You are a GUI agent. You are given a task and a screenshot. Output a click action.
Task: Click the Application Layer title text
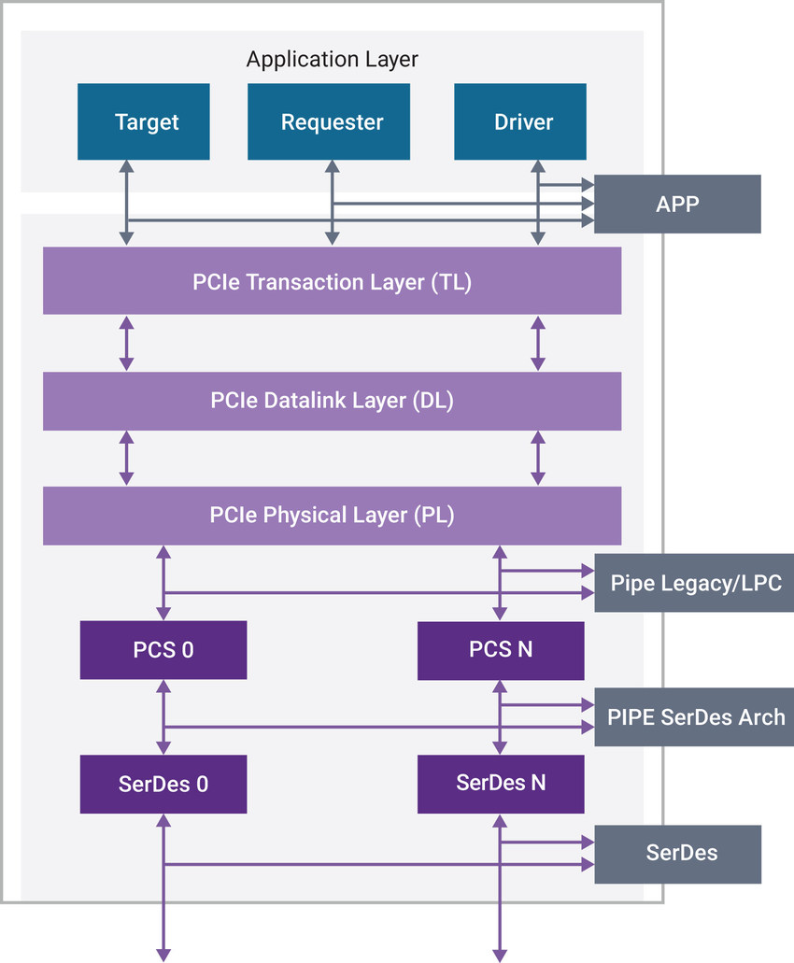[332, 60]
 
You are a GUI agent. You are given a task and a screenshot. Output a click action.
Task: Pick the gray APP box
[677, 204]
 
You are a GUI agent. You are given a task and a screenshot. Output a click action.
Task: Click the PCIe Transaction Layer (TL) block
[332, 281]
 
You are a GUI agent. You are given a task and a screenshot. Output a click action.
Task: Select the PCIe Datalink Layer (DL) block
[332, 401]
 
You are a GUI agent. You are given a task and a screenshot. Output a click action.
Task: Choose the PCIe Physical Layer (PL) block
[332, 515]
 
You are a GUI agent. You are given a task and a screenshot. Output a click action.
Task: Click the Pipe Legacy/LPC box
[695, 583]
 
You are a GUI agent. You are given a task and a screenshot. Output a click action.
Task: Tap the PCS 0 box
[163, 650]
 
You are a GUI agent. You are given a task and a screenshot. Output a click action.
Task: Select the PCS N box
[501, 649]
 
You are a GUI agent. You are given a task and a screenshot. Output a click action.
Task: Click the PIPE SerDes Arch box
[695, 717]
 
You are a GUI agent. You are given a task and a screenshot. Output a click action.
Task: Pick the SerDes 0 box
[163, 784]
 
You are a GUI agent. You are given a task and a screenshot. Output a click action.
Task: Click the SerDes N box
[501, 783]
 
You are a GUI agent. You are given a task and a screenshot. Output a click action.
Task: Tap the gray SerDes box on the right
[677, 854]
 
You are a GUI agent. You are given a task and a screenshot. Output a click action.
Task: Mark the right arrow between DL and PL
[538, 458]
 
